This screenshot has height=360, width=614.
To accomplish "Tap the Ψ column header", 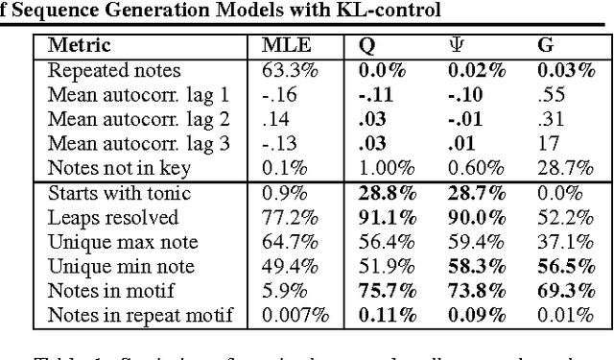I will (456, 45).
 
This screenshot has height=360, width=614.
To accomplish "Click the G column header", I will (545, 45).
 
